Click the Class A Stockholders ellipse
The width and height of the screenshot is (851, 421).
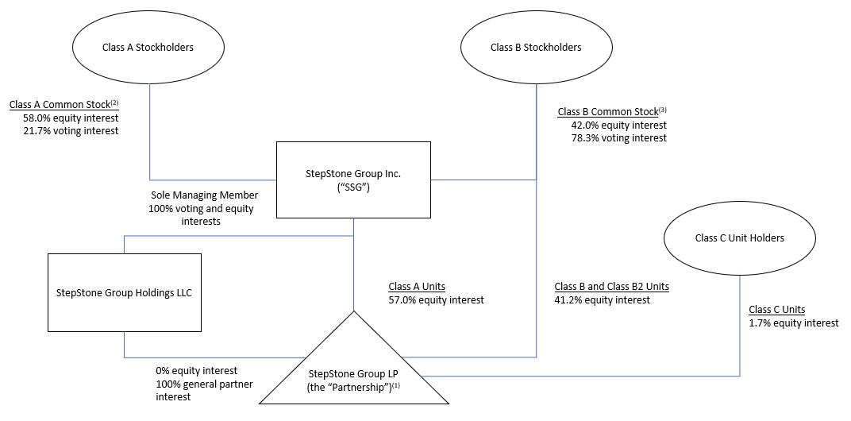(148, 48)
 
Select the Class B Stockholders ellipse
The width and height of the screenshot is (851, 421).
(536, 48)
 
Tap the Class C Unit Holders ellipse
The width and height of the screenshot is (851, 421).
(739, 238)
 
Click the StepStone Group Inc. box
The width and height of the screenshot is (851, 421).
(353, 180)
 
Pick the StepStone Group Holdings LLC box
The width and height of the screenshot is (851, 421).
(125, 292)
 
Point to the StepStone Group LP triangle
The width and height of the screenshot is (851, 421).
(352, 369)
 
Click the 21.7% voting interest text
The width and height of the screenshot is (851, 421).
(70, 130)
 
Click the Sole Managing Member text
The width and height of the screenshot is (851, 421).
(204, 195)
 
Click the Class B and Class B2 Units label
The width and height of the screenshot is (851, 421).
(611, 287)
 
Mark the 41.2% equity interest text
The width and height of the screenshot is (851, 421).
(602, 299)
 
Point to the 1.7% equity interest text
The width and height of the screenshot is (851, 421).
(794, 323)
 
